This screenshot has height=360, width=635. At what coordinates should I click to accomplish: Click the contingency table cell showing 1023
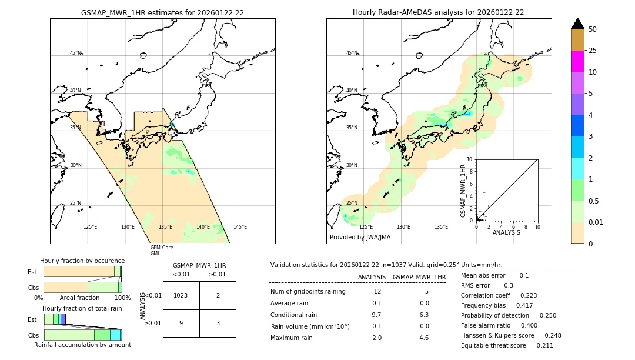tap(181, 295)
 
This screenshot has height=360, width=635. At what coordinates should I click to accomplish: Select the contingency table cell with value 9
tap(181, 323)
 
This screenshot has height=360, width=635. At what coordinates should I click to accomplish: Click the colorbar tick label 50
tap(593, 29)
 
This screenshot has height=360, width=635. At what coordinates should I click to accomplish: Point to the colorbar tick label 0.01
tap(597, 222)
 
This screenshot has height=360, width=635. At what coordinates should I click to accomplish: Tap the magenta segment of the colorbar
tap(577, 61)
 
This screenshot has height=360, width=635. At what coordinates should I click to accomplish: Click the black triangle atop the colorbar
tap(577, 24)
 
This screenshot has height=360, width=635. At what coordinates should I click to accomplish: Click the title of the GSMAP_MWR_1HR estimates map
tap(162, 12)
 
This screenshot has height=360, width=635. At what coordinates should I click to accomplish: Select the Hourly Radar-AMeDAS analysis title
tap(438, 12)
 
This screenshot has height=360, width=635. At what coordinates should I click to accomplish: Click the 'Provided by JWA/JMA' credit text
tap(360, 238)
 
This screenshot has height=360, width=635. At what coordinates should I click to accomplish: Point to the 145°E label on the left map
tap(240, 227)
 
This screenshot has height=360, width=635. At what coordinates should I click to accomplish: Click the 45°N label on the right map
tap(352, 53)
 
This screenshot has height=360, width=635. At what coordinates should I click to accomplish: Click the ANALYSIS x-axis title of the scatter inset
tap(506, 232)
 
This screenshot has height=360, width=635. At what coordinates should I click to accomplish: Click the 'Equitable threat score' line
tap(507, 345)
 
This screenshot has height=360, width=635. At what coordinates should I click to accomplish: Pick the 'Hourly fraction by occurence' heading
tap(82, 261)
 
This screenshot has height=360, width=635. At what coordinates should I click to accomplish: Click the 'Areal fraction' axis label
tap(80, 298)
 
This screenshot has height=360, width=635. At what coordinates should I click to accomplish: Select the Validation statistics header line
tap(386, 265)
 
